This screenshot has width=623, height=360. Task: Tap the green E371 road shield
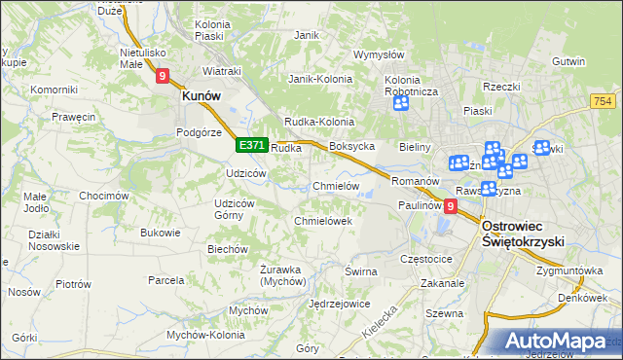pos(251,145)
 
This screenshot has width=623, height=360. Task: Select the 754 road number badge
pos(604,100)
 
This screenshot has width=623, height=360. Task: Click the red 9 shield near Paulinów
pos(450,206)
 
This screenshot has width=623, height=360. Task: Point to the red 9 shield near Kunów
pos(162,74)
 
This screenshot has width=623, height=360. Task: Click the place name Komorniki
pos(54,90)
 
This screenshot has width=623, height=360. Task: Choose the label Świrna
pos(360,271)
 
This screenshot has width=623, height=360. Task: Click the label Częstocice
pos(426,260)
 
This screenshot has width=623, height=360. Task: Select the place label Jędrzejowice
pos(339,304)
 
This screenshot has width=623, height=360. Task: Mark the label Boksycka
pos(352,146)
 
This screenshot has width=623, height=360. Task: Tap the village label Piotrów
pos(73,284)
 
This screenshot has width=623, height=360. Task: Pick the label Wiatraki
pos(221,71)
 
